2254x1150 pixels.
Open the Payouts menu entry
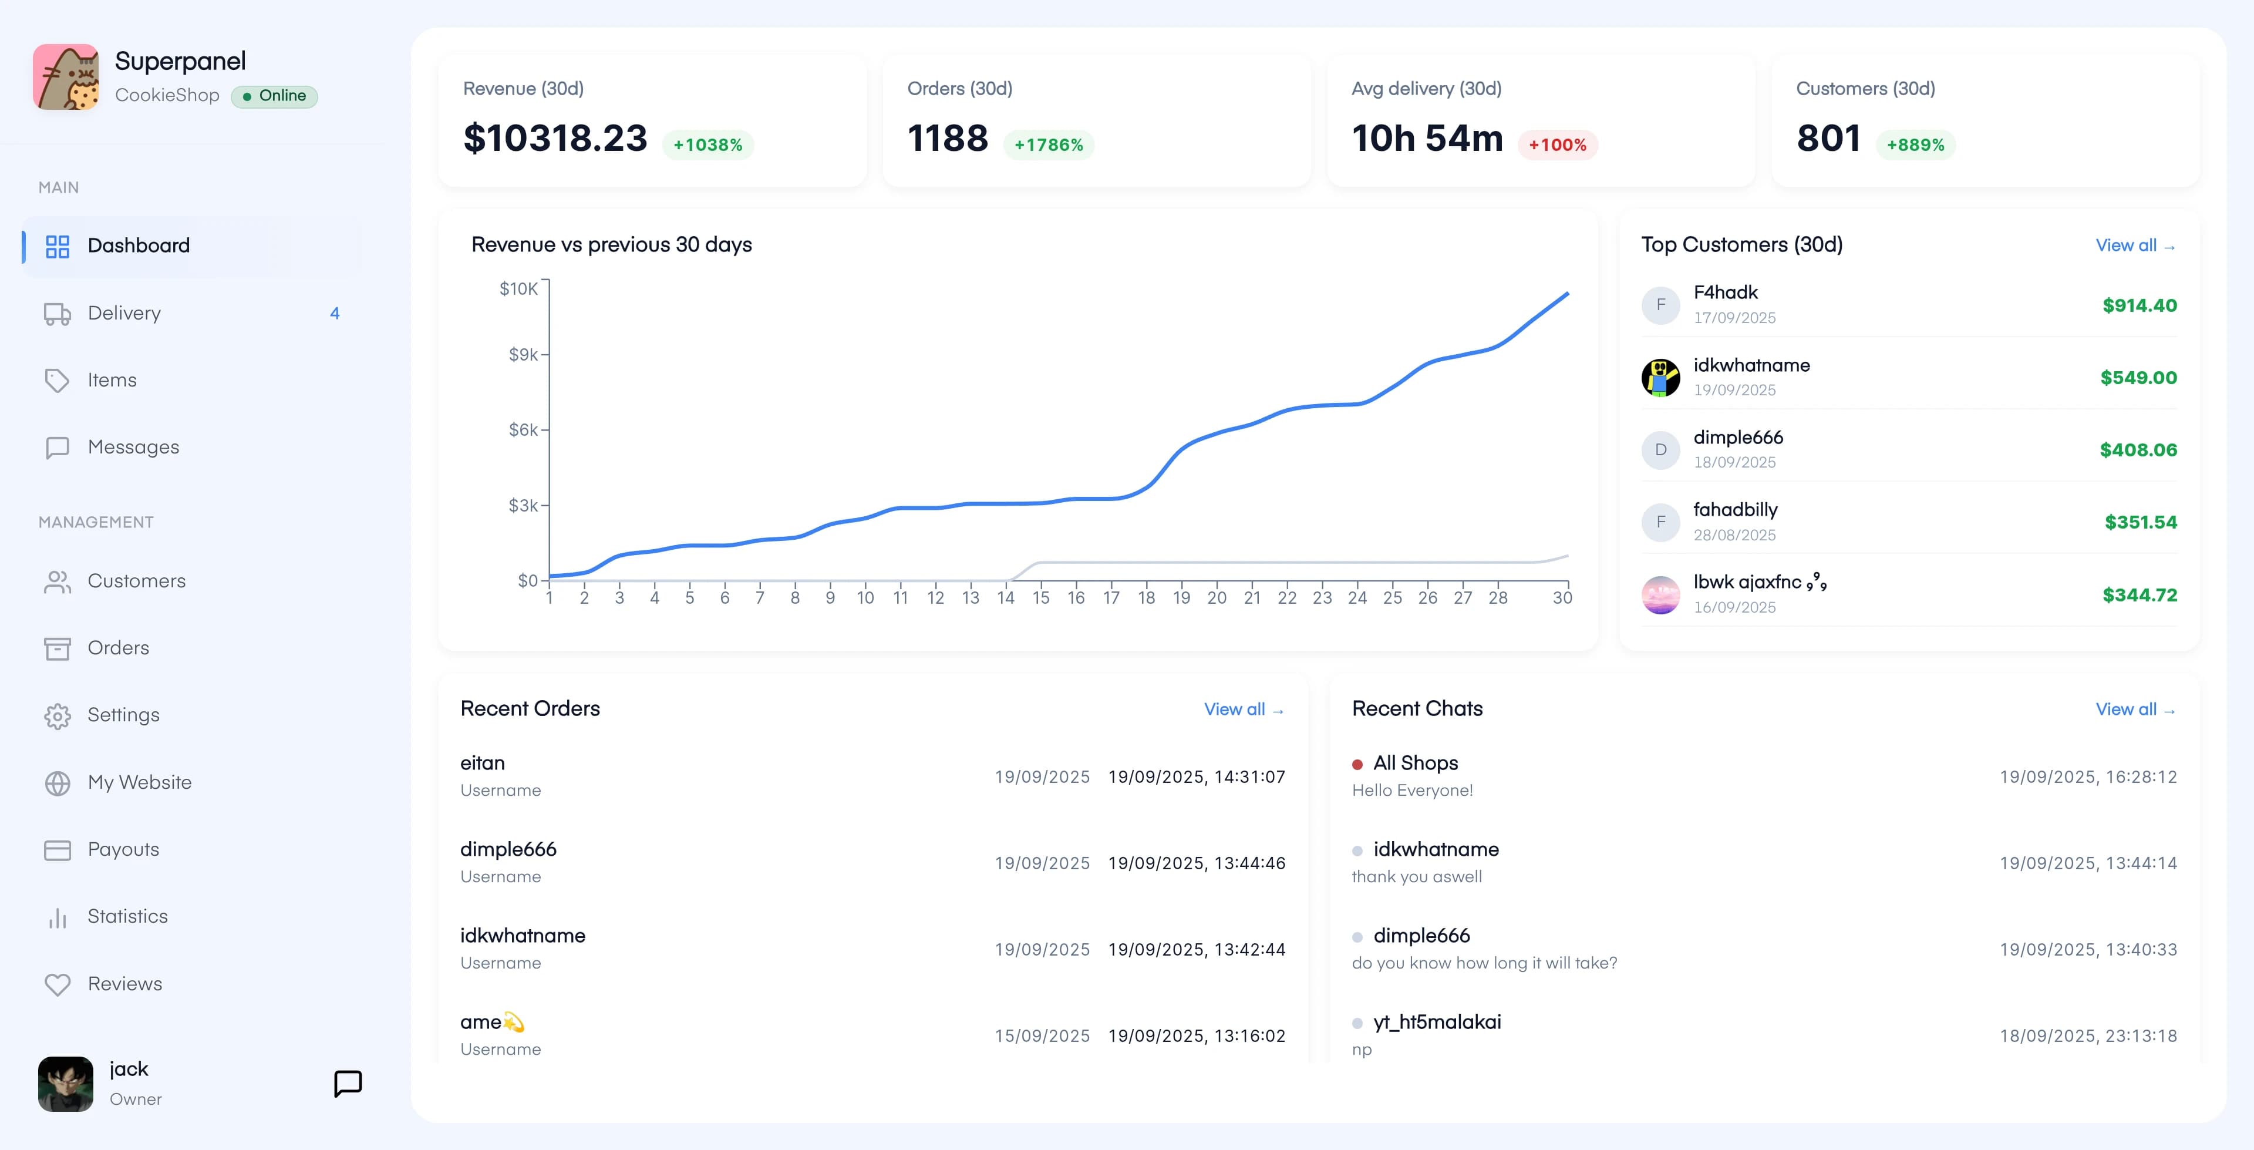123,850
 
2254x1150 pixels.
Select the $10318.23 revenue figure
555,138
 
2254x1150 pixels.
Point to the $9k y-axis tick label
523,354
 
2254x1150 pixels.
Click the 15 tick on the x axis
1040,598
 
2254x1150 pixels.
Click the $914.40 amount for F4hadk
2140,305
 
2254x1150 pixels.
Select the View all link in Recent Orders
1242,709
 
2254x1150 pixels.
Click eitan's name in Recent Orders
482,763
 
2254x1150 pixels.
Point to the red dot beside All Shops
1357,765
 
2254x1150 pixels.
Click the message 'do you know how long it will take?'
1484,963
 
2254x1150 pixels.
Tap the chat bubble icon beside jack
348,1084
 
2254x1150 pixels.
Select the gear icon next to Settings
58,716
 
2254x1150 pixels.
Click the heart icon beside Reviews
58,984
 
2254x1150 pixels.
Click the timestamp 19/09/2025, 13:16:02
1196,1036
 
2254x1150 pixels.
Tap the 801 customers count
1828,138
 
